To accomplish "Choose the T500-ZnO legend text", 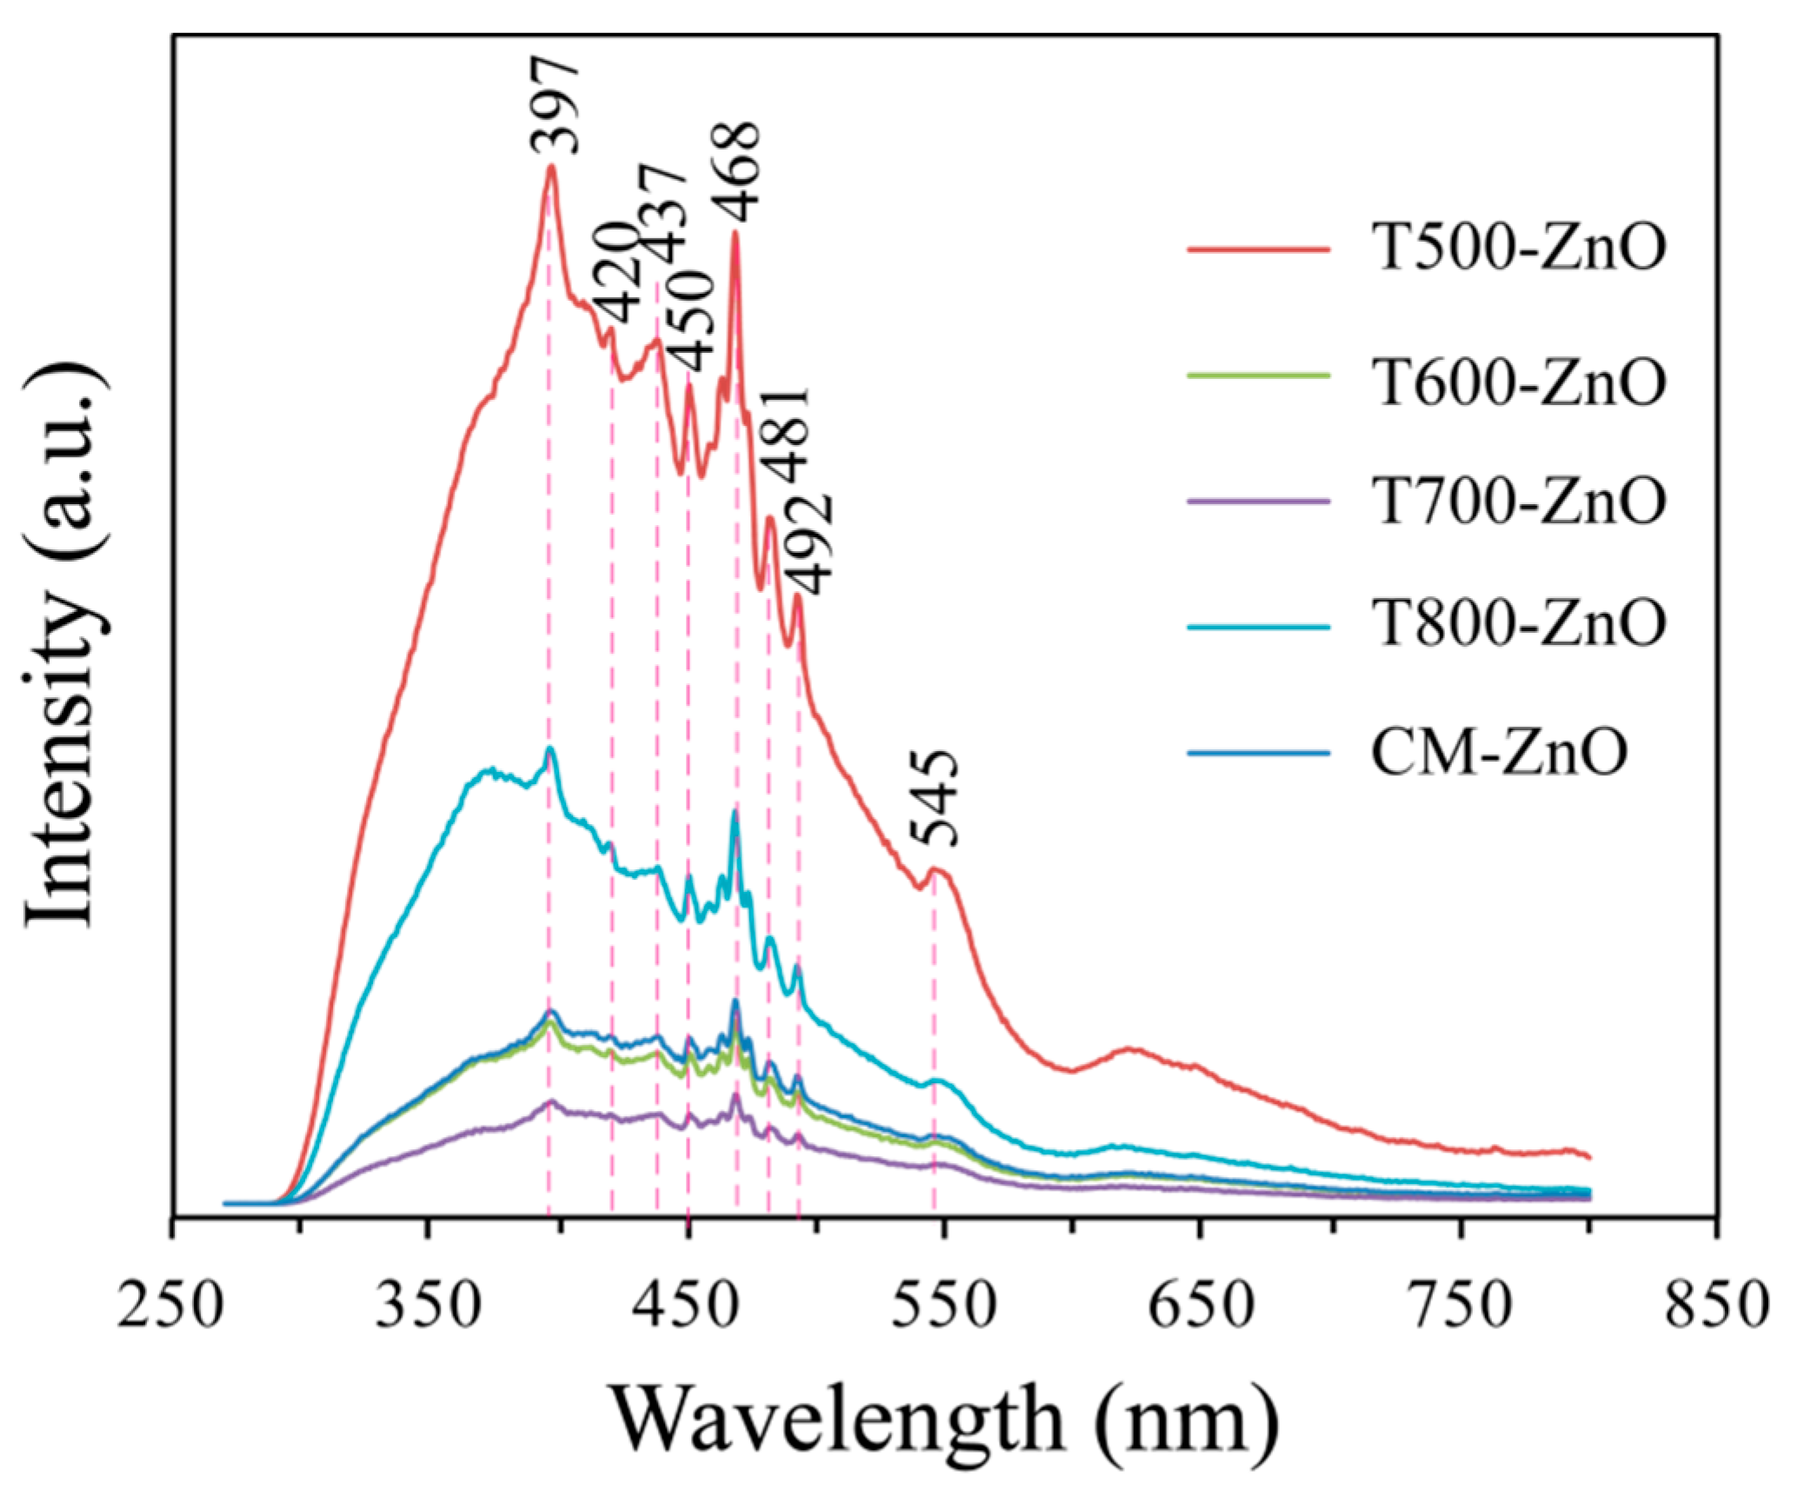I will (1517, 249).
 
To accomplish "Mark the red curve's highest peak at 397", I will (550, 167).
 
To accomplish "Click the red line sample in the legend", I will (1257, 249).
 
